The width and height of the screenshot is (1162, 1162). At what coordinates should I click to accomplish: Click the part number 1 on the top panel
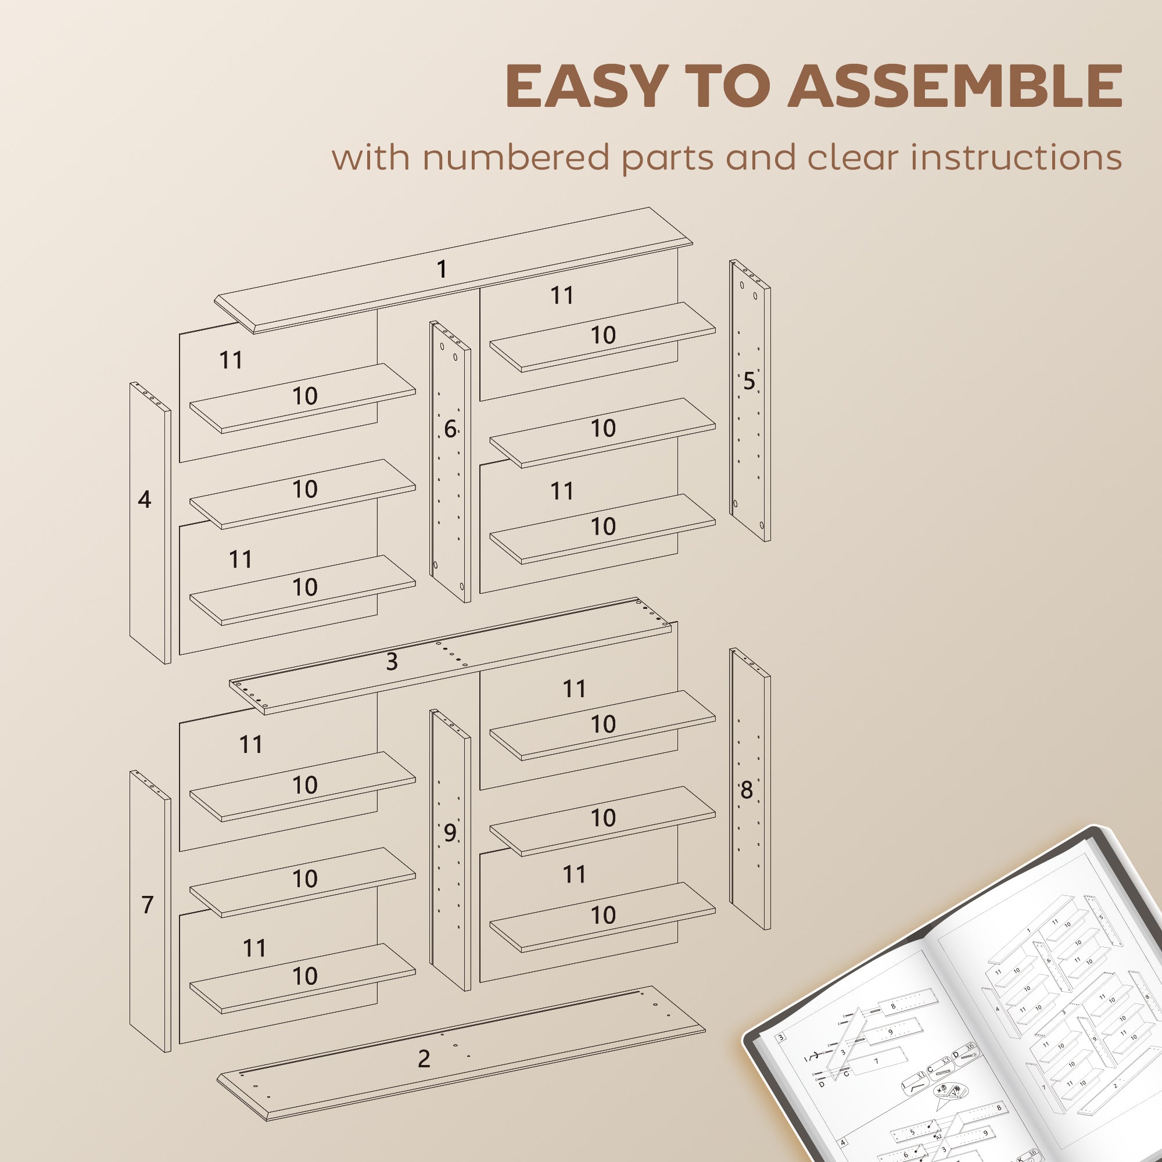442,269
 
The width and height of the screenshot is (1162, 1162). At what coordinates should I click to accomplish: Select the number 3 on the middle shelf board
392,662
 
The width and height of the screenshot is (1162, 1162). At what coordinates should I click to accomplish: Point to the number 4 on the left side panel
144,499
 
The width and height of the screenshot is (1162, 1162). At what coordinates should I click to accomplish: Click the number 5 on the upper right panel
749,381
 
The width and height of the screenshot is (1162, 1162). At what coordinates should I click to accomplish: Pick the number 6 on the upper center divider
450,429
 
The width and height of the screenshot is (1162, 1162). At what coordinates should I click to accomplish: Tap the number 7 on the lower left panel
148,905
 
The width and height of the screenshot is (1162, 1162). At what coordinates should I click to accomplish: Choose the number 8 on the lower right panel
747,790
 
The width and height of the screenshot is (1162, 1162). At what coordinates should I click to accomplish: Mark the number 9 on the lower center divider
450,833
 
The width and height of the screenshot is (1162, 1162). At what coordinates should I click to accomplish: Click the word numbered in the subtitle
517,157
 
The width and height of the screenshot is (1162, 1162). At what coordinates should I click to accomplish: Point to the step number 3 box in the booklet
781,1038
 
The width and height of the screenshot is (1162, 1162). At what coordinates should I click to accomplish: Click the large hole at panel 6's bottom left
435,565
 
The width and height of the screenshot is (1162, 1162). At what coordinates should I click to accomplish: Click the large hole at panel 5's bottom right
762,525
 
